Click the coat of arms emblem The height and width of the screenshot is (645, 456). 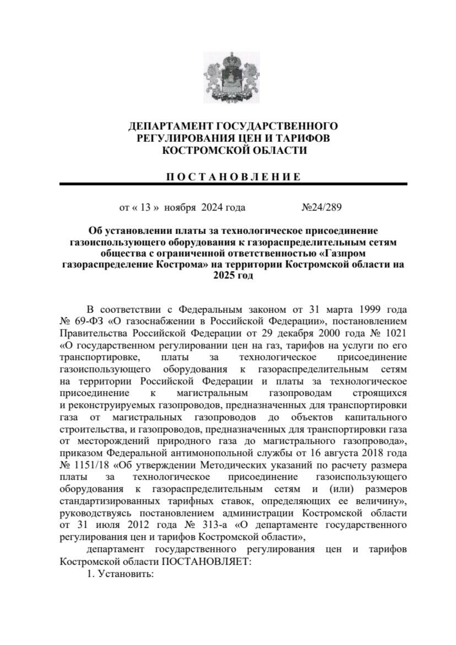tap(231, 77)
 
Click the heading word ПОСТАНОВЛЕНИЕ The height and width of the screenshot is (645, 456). tap(233, 177)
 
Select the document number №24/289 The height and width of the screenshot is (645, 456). tap(321, 207)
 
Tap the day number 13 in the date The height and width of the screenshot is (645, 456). tap(146, 207)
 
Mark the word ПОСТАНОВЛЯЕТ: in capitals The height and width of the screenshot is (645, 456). tap(207, 562)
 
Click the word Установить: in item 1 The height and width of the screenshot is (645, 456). tap(125, 574)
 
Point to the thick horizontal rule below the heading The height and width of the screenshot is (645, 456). tap(233, 184)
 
